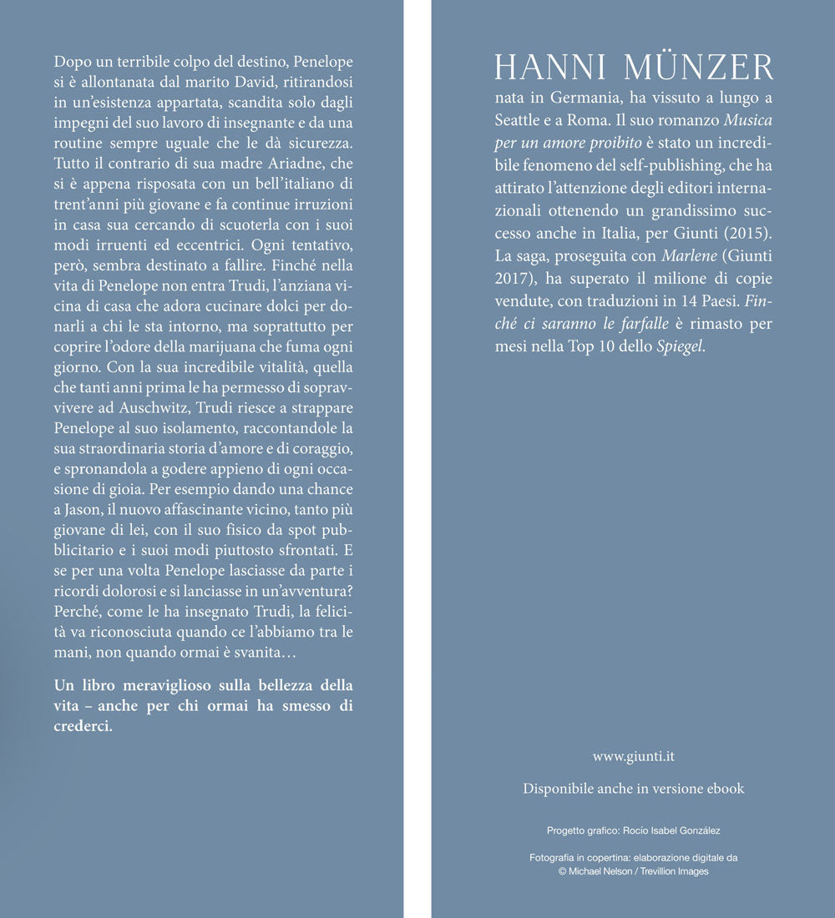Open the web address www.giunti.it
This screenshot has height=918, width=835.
(x=633, y=756)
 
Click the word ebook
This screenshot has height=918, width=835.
(x=723, y=789)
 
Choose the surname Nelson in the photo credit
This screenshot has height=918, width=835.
(x=612, y=871)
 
